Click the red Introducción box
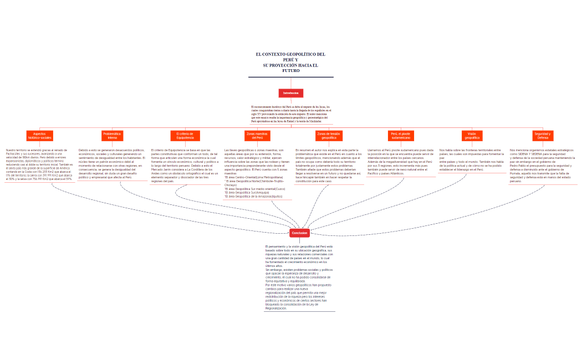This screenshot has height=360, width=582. [291, 93]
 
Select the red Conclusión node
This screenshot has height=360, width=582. [299, 233]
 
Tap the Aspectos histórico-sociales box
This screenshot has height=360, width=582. [40, 136]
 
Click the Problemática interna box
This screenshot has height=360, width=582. [113, 136]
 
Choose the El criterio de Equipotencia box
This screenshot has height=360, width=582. [185, 136]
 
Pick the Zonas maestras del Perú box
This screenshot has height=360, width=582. [257, 136]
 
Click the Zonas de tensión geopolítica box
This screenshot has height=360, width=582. [329, 136]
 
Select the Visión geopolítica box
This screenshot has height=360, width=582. [472, 136]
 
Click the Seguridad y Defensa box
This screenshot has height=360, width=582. [543, 136]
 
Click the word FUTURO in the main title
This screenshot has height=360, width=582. [291, 71]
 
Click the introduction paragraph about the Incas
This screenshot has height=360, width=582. [290, 114]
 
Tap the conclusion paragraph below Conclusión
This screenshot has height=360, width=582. [299, 277]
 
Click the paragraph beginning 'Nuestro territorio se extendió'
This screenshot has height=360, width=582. [39, 164]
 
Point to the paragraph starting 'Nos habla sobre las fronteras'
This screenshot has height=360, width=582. [472, 160]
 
